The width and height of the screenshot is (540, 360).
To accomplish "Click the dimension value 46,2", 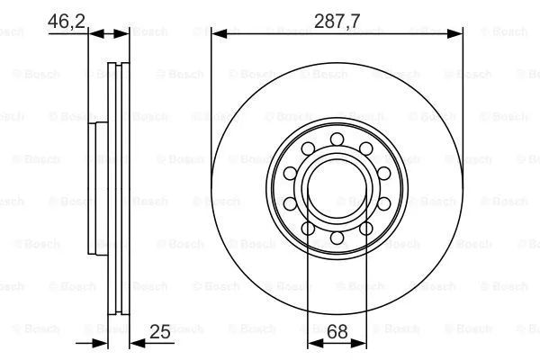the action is pos(66,21).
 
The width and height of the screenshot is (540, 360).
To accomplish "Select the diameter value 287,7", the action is pos(337,22).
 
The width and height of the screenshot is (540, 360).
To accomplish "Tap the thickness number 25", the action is pos(160,332).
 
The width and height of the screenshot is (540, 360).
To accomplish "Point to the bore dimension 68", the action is pos(337,331).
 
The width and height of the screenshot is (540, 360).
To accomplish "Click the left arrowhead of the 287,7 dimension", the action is pos(219,34).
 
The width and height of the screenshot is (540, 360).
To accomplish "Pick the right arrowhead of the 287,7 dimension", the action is pos(454,34).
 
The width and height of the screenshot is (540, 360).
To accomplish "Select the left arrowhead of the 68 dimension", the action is pos(315,343).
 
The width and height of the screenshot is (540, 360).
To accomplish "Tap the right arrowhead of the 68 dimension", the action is pos(359,343).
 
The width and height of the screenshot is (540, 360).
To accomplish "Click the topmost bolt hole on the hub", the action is pos(337,139).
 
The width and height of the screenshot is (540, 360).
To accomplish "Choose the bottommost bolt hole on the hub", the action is pos(337,238).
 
